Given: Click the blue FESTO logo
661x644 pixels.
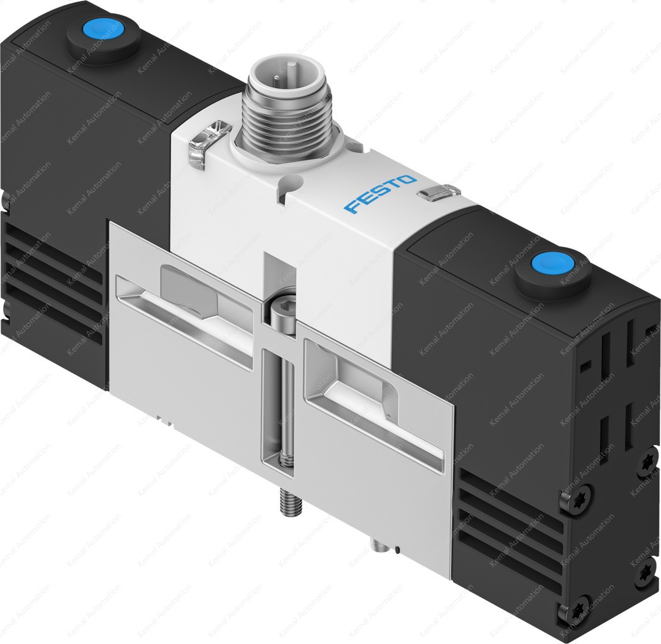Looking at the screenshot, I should [380, 194].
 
